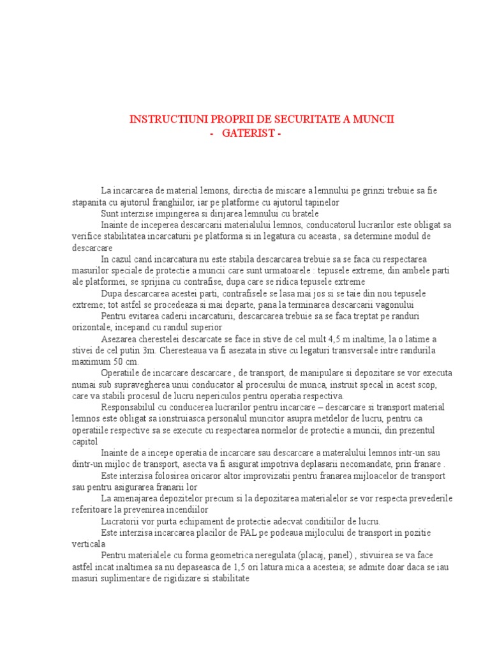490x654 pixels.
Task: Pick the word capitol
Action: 84,442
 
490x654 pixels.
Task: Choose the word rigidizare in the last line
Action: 173,579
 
